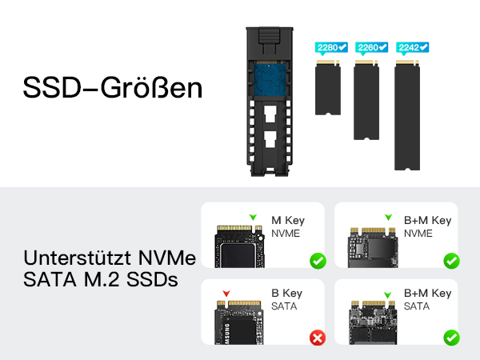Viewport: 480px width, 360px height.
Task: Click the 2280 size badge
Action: point(331,48)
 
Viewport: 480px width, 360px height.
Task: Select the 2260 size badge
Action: point(372,48)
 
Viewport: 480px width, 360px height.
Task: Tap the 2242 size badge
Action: point(412,48)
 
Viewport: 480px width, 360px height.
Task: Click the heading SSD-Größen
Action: point(113,88)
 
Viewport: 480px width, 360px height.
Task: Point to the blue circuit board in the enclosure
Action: point(270,79)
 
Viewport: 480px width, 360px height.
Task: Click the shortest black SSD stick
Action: point(328,87)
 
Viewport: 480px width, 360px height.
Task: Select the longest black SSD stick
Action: point(407,115)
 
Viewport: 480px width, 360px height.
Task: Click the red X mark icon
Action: point(318,338)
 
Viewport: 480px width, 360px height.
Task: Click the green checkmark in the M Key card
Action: point(318,261)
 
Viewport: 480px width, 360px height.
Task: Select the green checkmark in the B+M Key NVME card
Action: point(451,261)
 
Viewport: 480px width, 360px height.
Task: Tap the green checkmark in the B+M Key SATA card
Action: point(451,338)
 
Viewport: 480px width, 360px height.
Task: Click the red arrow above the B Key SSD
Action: point(226,294)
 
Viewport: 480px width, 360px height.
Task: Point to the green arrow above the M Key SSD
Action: point(253,217)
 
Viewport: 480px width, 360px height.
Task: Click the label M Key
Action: point(288,221)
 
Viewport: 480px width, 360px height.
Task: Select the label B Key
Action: point(287,294)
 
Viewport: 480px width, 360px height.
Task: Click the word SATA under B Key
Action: point(284,306)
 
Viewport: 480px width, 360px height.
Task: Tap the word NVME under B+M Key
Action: point(418,234)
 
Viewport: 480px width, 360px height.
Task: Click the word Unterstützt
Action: point(78,258)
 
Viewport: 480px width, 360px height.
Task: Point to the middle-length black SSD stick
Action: point(366,100)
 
